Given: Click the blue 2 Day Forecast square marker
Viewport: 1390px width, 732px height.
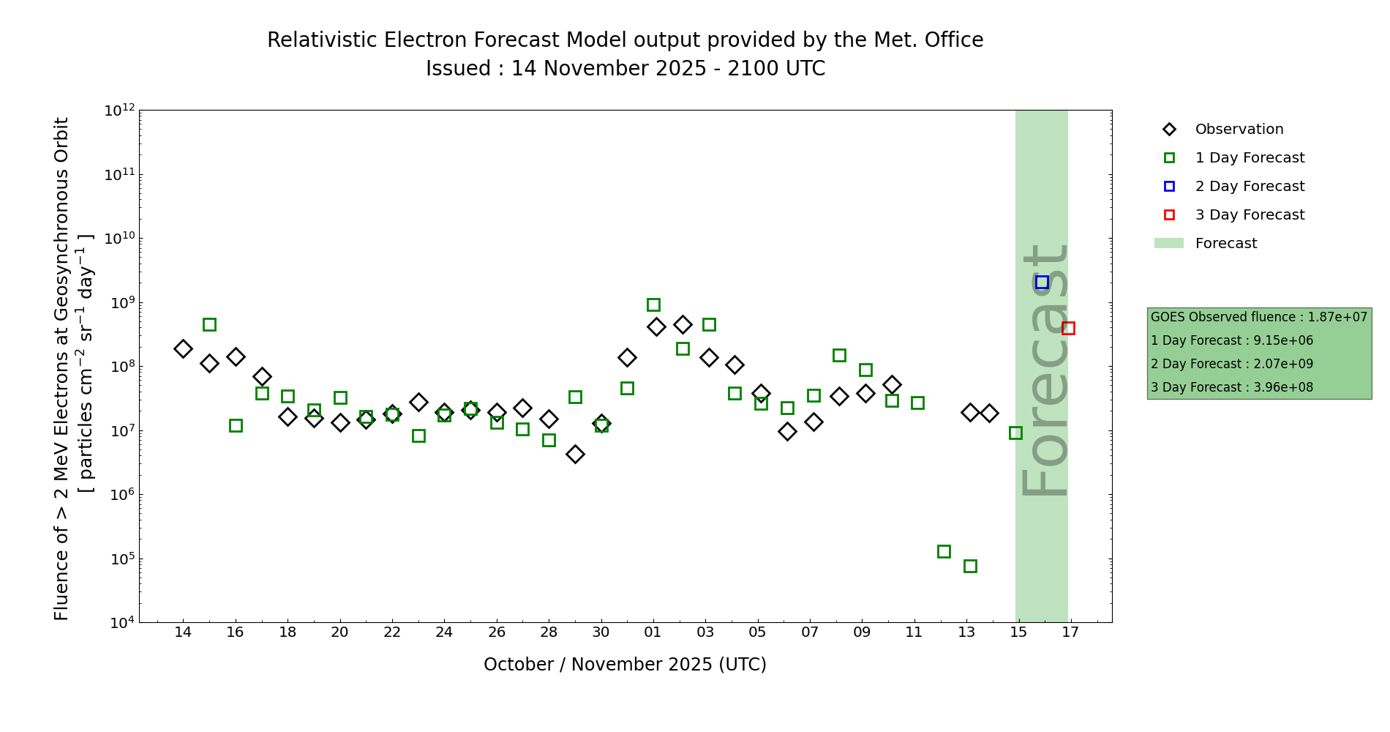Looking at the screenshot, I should [1042, 282].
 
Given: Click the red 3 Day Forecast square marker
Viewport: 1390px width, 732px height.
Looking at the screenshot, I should [1068, 328].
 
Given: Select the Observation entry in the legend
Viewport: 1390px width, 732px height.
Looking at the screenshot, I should [1239, 130].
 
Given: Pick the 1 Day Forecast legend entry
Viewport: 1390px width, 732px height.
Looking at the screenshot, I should [1249, 158].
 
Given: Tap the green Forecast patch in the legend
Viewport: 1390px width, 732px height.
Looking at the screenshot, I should [1168, 243].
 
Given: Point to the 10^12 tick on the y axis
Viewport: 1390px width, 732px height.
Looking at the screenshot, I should [120, 111].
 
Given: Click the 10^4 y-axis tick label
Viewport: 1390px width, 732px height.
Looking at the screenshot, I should [120, 623].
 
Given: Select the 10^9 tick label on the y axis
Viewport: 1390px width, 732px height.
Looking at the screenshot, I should [120, 302].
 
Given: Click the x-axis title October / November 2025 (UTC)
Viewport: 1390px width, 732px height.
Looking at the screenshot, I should [625, 665].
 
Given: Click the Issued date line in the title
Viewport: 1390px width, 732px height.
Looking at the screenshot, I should [625, 69].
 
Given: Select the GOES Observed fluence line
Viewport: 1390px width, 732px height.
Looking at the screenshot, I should [1258, 317].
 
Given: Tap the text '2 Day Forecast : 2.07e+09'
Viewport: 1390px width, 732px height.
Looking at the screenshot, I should [1232, 364].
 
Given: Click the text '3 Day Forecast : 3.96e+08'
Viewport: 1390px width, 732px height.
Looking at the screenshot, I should [1232, 387].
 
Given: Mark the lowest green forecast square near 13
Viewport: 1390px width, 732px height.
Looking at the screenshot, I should [970, 566].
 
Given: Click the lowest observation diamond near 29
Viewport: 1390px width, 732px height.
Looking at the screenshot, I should [575, 454].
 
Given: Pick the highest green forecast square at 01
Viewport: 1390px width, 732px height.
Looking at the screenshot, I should [653, 305].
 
